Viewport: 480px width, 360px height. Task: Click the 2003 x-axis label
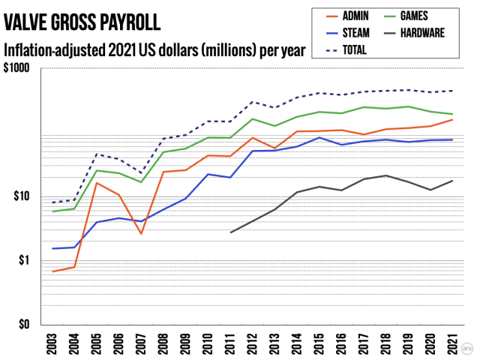point(52,343)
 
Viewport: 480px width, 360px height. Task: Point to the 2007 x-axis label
point(141,343)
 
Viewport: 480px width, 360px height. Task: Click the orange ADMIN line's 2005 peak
point(96,183)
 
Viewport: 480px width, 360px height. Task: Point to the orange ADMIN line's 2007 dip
point(141,234)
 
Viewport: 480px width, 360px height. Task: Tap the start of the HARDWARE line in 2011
point(230,232)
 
